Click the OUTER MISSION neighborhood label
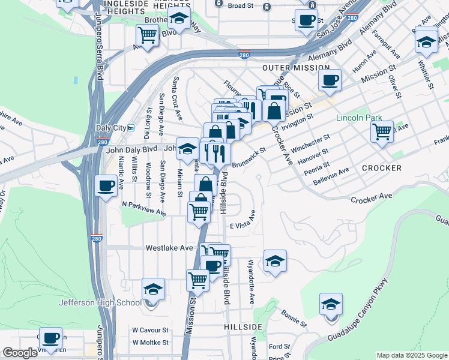click(x=295, y=68)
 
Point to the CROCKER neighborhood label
click(x=382, y=168)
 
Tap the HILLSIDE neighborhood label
click(x=243, y=326)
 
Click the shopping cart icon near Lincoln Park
click(x=382, y=131)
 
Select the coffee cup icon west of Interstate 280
click(x=106, y=185)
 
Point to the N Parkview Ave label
click(x=143, y=208)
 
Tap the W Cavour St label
click(x=151, y=330)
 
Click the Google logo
click(x=20, y=353)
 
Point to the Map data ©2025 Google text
click(x=411, y=355)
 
